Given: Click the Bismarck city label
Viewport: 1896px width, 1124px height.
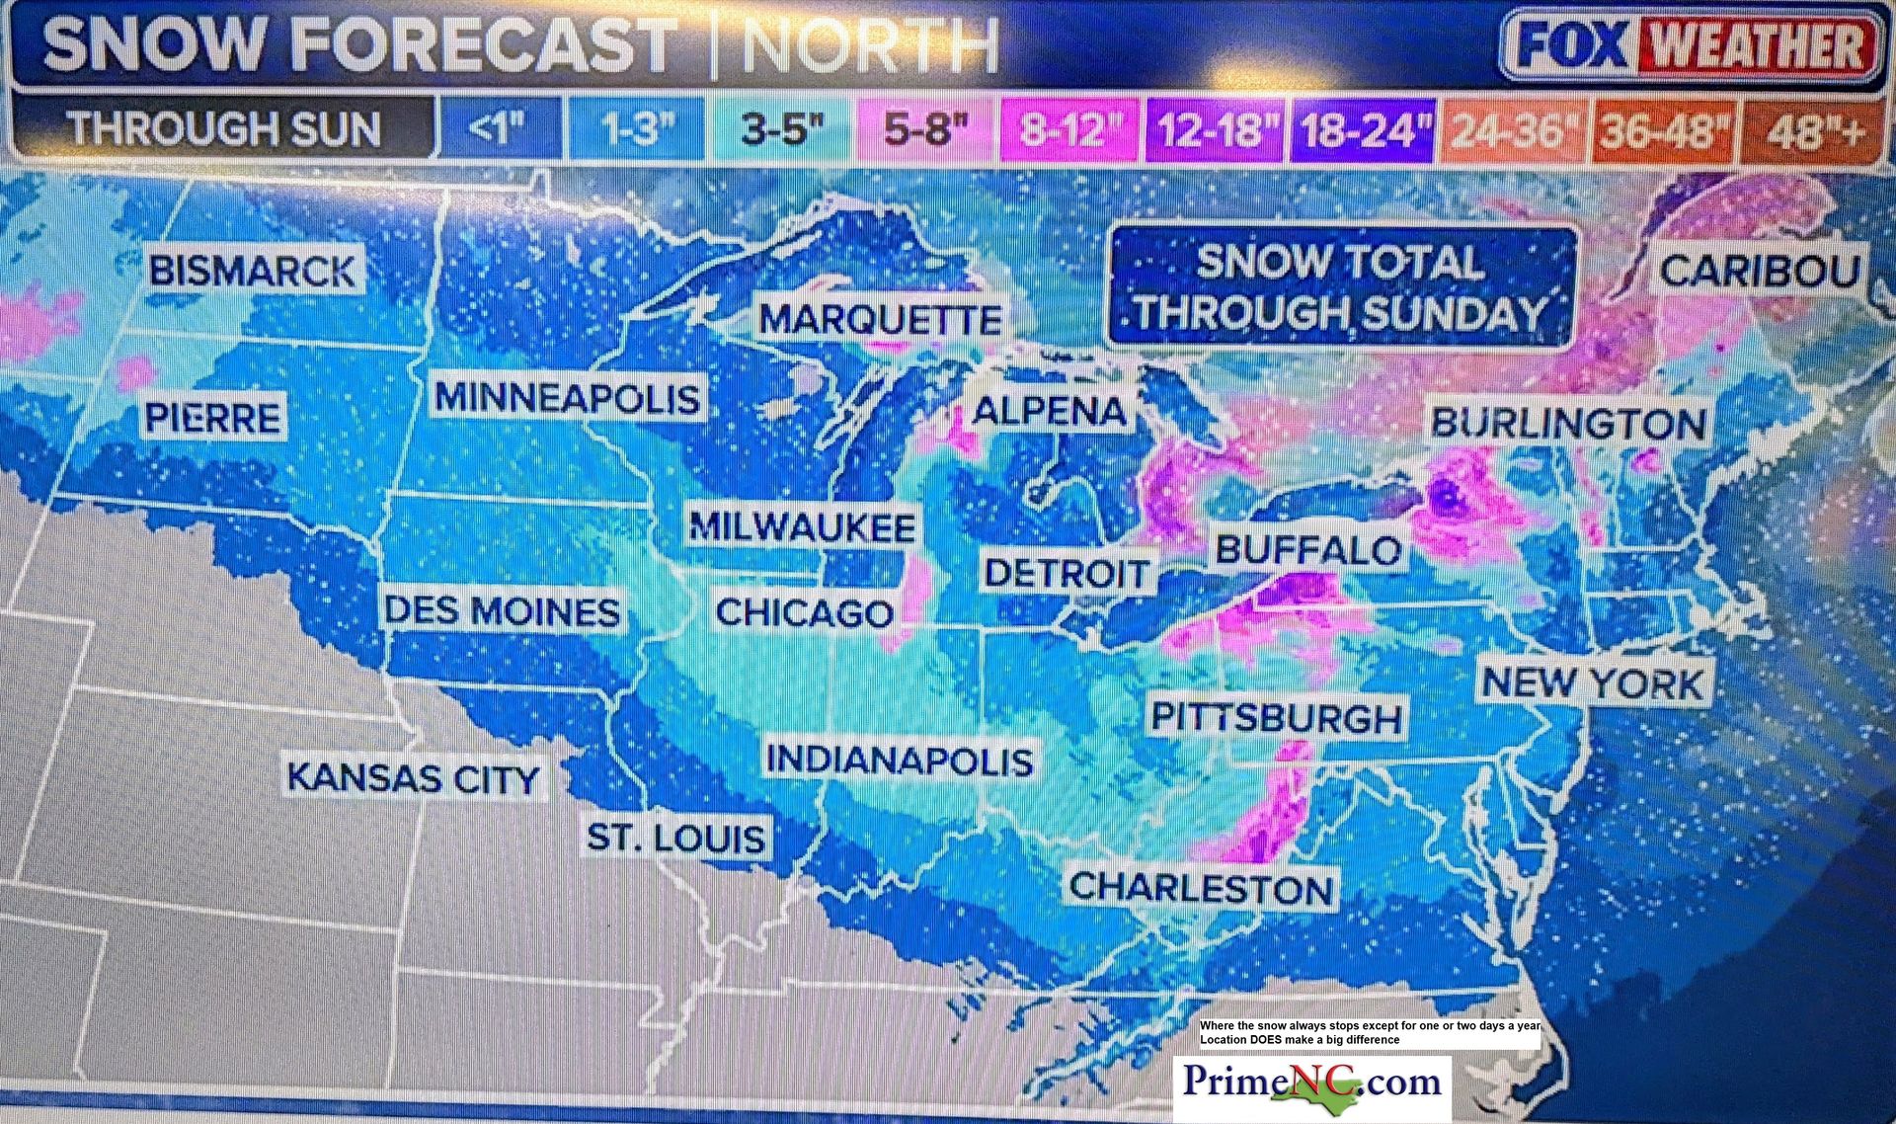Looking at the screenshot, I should pyautogui.click(x=253, y=271).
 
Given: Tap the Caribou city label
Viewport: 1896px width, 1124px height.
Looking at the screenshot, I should pyautogui.click(x=1760, y=271).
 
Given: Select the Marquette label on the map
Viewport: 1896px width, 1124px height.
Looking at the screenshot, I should pyautogui.click(x=880, y=319).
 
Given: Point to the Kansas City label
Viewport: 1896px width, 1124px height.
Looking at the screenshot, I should pyautogui.click(x=414, y=777).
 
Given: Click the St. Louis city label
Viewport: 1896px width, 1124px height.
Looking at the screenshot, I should pyautogui.click(x=676, y=839).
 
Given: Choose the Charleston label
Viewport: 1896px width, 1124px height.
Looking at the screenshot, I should pyautogui.click(x=1202, y=888).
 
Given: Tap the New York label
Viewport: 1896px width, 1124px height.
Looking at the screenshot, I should pyautogui.click(x=1593, y=683).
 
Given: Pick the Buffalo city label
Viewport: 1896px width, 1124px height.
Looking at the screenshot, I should pyautogui.click(x=1308, y=550).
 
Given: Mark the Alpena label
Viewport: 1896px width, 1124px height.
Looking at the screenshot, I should pyautogui.click(x=1049, y=411).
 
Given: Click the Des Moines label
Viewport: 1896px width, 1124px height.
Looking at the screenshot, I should pyautogui.click(x=503, y=611).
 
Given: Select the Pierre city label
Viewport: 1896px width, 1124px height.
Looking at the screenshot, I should pyautogui.click(x=213, y=418).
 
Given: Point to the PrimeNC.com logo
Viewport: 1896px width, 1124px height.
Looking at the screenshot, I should pyautogui.click(x=1312, y=1083).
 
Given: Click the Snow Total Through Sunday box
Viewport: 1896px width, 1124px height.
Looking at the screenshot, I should pyautogui.click(x=1341, y=287).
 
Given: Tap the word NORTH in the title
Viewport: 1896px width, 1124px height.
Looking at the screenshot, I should pyautogui.click(x=869, y=45).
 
